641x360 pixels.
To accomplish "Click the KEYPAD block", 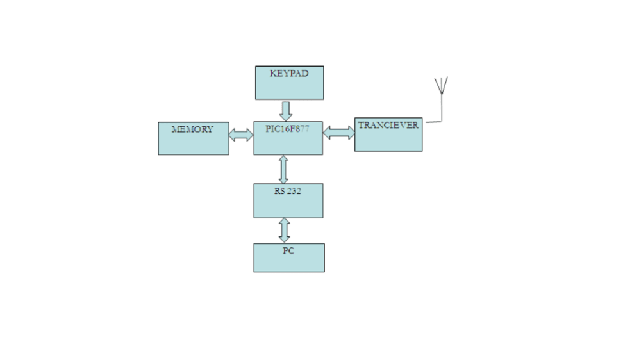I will [289, 86].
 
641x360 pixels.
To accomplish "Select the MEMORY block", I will [193, 142].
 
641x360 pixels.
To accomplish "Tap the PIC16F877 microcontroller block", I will [288, 142].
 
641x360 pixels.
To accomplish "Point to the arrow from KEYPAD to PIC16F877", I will [286, 110].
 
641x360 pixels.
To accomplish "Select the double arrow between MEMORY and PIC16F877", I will [241, 135].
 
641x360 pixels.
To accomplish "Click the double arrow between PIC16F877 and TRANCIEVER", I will [338, 133].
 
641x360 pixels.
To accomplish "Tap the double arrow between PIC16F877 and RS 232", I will [284, 169].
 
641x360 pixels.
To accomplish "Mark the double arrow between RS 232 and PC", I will [284, 230].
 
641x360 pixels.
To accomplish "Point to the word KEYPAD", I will [289, 74].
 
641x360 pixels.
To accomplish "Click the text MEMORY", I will [192, 129].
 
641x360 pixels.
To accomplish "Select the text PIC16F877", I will [287, 128].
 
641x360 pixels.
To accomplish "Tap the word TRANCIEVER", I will [388, 126].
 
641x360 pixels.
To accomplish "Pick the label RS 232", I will [288, 191].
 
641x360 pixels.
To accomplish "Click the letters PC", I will [288, 250].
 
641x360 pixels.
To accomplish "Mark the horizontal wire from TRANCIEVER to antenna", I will [433, 121].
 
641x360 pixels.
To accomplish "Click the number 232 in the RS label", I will [294, 191].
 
